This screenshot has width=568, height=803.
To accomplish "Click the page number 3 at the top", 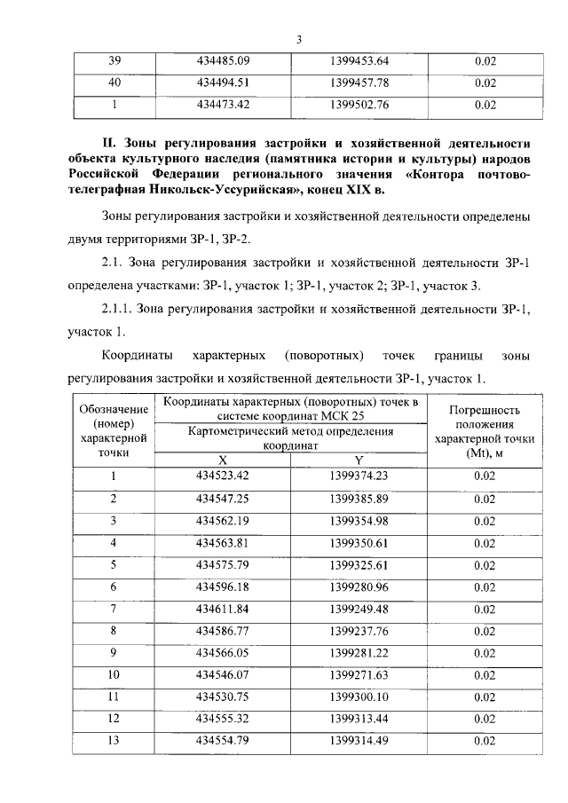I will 299,38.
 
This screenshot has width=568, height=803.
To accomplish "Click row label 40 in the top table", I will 114,84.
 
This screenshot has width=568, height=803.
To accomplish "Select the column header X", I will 224,460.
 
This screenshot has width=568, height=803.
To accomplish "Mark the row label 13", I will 114,741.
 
